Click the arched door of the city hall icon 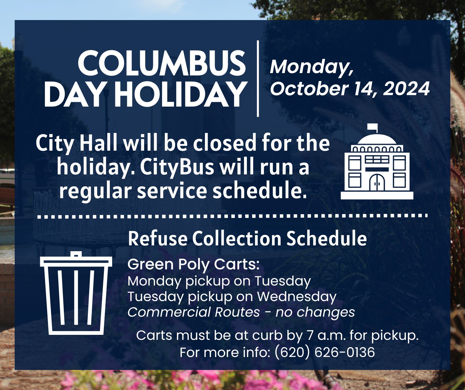pos(377,183)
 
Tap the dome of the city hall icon pos(377,140)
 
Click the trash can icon pos(76,293)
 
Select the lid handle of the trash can pos(76,254)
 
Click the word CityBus pos(177,167)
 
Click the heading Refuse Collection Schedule pos(247,239)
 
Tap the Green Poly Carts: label pos(194,265)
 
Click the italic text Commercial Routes pos(194,312)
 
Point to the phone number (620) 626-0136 pos(325,352)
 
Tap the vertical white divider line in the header pos(258,78)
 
